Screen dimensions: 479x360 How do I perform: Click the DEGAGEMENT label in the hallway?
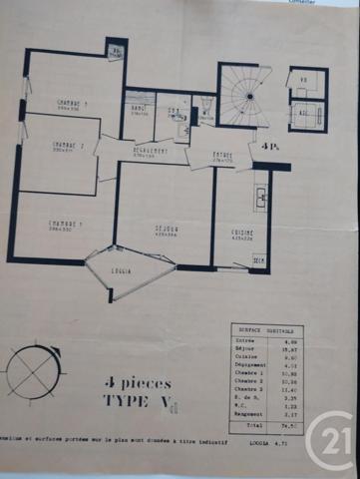pos(150,151)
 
